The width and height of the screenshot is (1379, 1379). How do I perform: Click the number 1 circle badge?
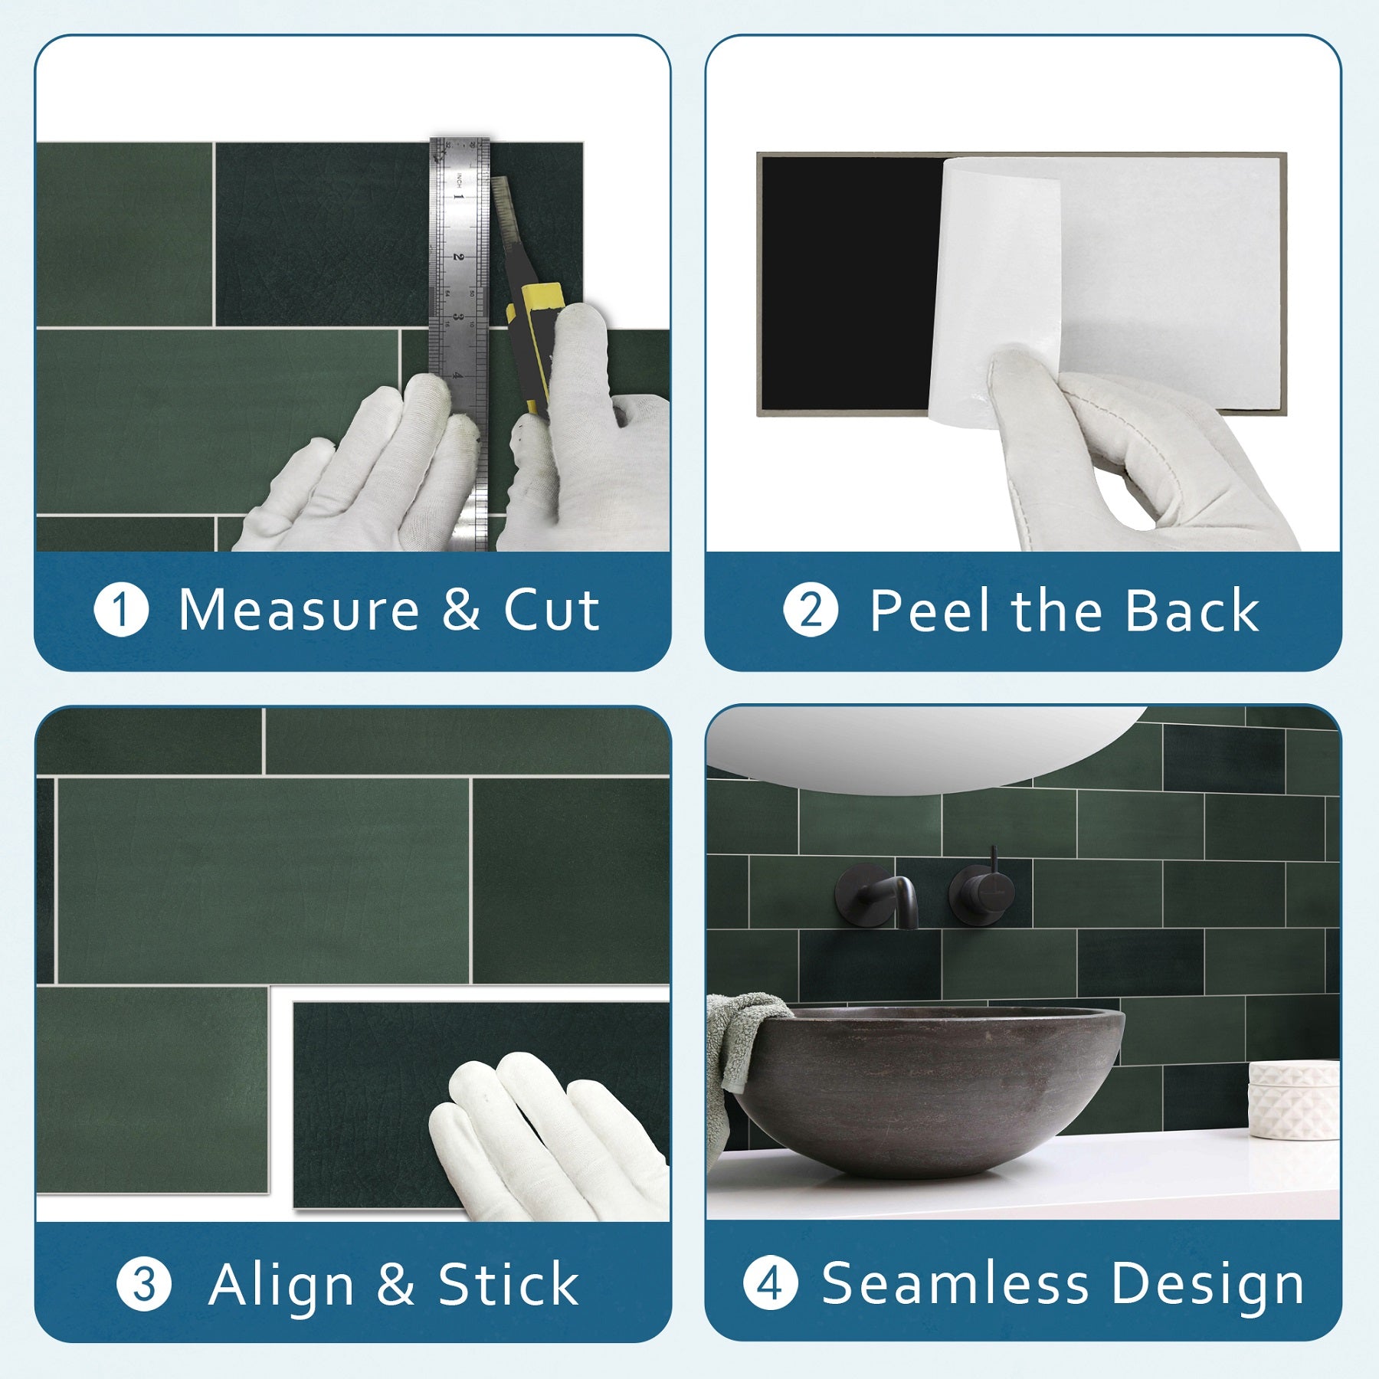(121, 611)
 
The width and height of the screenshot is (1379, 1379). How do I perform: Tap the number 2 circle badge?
(811, 611)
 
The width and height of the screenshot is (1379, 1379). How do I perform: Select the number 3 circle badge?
(143, 1285)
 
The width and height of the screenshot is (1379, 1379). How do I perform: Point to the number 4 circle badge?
(770, 1284)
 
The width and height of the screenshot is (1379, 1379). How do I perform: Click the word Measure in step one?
(299, 611)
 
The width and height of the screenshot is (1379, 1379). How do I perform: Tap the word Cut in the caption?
(551, 611)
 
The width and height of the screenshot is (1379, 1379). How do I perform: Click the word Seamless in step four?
(955, 1283)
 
